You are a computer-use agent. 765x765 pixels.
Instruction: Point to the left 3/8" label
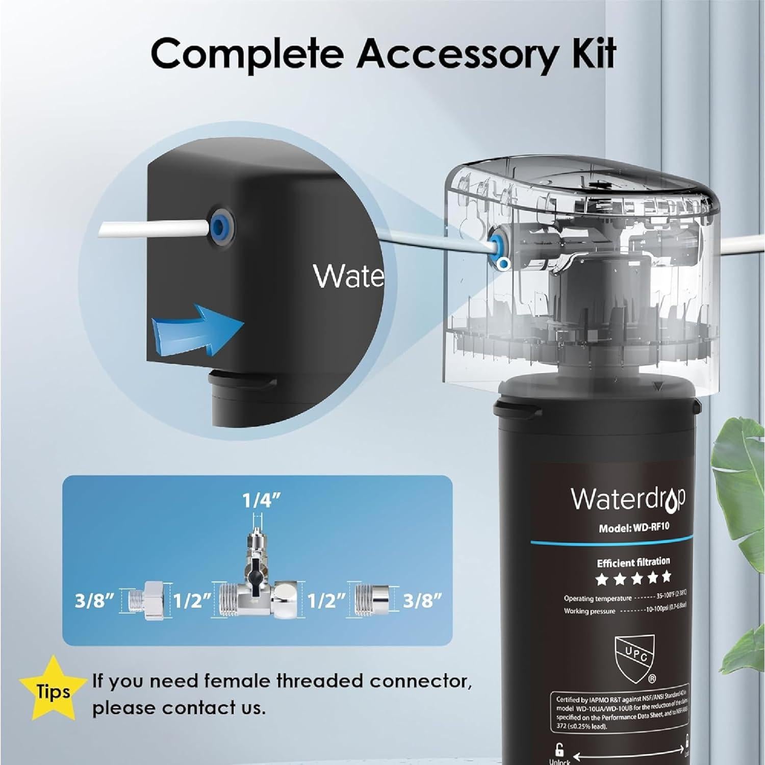coord(93,602)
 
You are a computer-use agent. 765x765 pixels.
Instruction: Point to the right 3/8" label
coord(421,602)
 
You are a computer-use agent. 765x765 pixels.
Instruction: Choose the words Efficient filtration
coord(633,562)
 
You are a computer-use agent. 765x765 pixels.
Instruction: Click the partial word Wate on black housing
coord(348,276)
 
